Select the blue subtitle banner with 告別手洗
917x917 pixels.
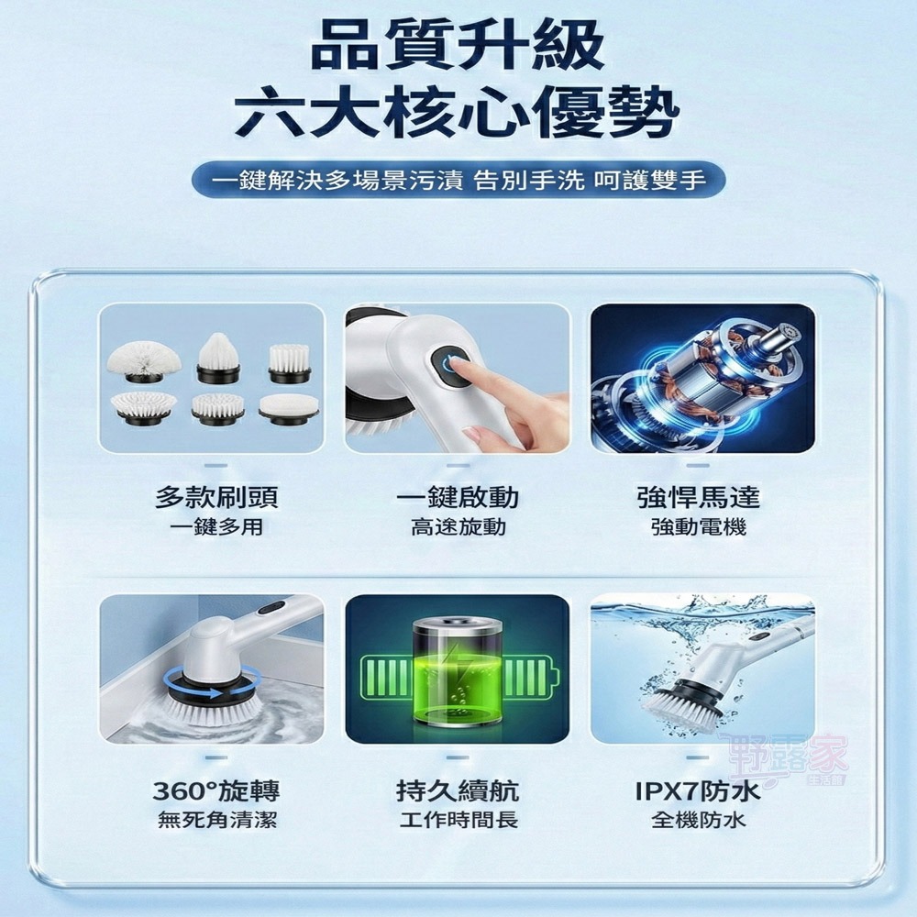point(458,178)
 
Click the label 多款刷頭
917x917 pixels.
point(216,498)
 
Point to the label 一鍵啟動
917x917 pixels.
point(458,498)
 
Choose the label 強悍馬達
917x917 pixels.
point(699,498)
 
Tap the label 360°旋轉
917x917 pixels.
point(216,790)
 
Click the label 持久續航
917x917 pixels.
point(458,790)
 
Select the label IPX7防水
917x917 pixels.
point(699,790)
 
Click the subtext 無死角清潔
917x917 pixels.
point(216,820)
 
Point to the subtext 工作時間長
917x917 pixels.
point(458,820)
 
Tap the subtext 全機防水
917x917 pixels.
point(699,820)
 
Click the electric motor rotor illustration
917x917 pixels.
point(706,376)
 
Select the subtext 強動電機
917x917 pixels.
point(699,527)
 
